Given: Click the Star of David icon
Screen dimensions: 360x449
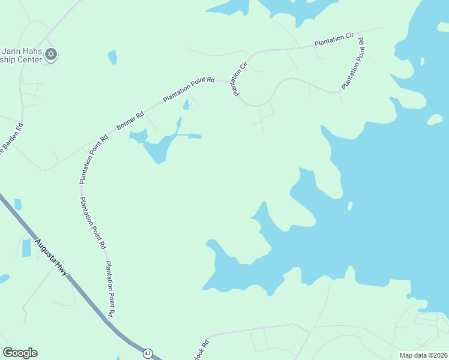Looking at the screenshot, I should point(51,55).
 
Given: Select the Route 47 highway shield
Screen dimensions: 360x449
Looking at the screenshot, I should point(148,353).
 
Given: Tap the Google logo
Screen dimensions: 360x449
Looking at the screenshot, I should point(20,353).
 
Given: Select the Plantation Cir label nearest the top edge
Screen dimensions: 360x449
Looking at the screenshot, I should point(334,40).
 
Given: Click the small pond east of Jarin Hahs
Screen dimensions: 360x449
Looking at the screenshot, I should point(112,58).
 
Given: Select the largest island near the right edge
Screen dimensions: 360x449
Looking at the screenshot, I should point(435,120).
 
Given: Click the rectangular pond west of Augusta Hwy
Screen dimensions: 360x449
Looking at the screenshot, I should point(26,247).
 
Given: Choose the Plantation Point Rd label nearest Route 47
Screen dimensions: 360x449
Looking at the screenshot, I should point(109,289).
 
